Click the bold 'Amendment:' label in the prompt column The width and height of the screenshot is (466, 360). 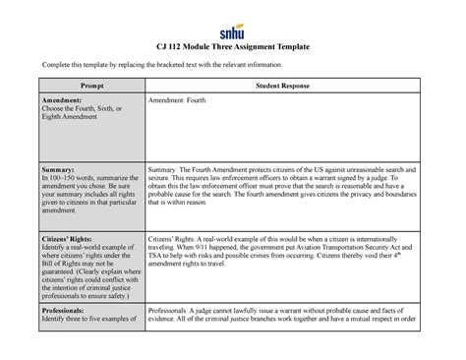60,101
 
